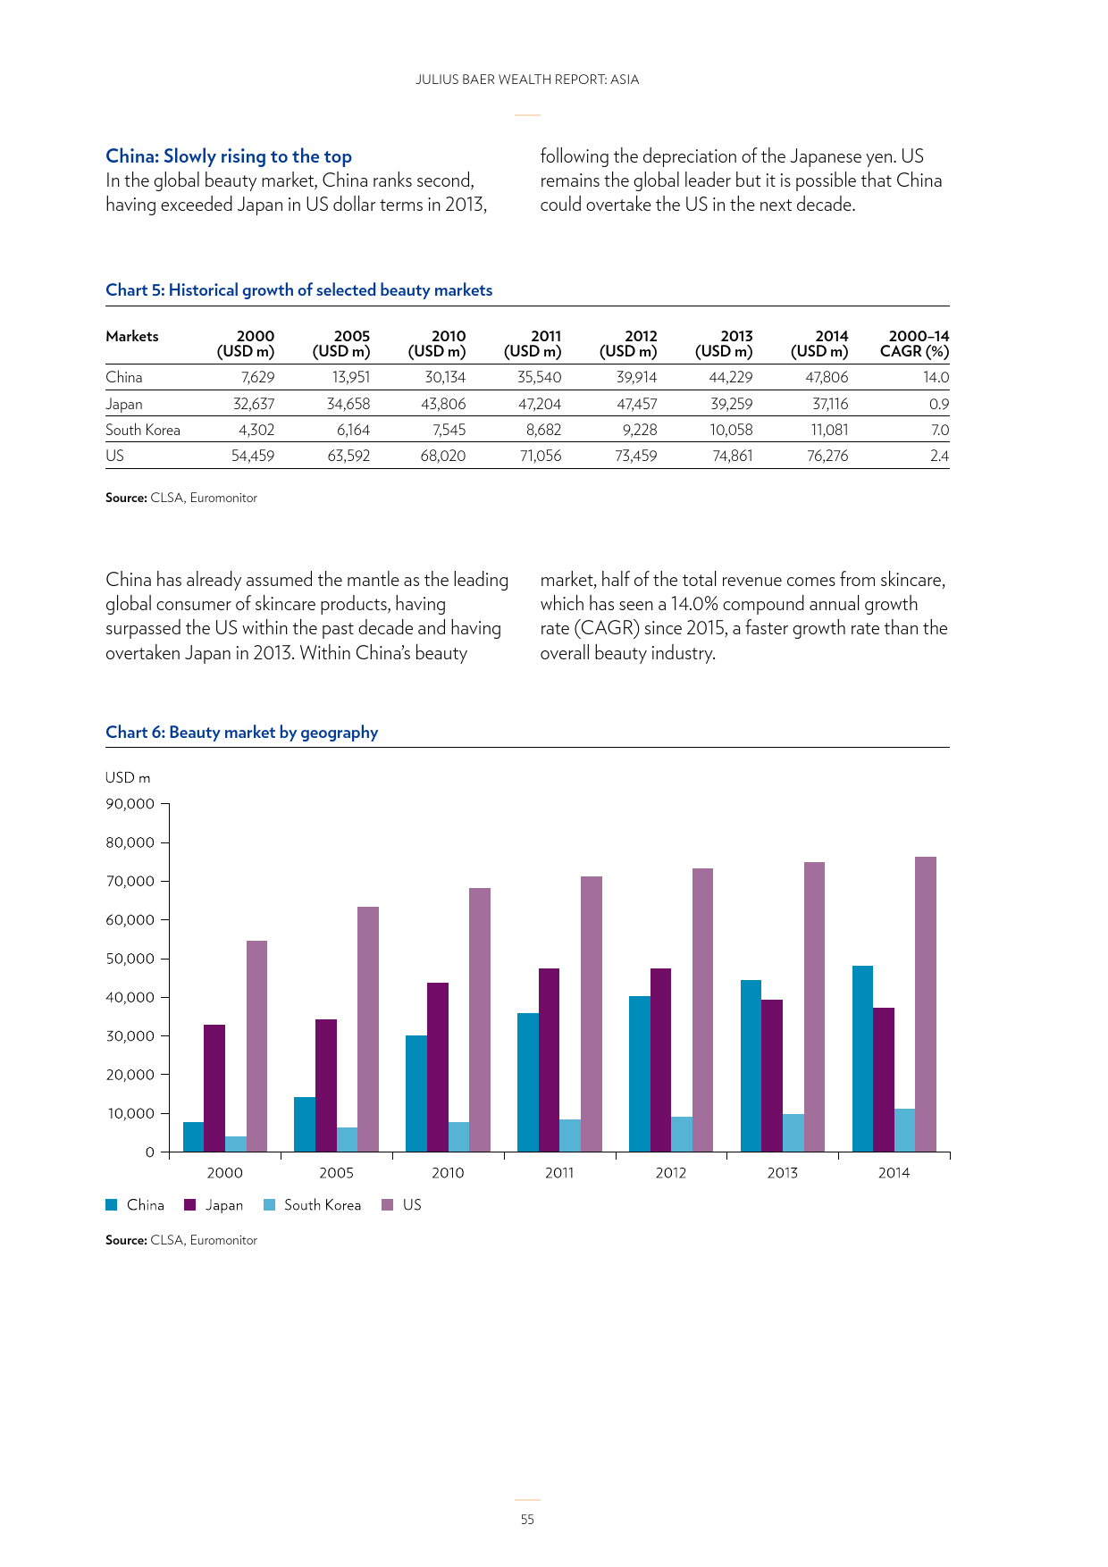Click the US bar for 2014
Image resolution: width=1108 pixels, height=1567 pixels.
[926, 1004]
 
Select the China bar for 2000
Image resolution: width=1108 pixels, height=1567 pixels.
[193, 1136]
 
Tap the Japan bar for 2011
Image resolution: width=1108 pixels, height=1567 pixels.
[549, 1060]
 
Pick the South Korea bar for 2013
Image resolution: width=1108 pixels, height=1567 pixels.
[793, 1133]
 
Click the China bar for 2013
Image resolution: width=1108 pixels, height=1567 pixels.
[751, 1066]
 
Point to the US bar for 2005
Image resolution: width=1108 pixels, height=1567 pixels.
[368, 1029]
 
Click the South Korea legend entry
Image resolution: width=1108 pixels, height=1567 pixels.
[313, 1205]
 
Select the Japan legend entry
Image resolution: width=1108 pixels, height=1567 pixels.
[214, 1205]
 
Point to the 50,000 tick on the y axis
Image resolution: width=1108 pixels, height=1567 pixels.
[164, 959]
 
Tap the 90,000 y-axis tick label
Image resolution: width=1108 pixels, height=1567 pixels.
[130, 804]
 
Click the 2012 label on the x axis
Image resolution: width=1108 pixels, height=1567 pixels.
[671, 1173]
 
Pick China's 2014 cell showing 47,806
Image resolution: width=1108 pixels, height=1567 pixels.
[827, 377]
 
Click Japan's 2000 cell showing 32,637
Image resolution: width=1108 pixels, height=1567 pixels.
[254, 404]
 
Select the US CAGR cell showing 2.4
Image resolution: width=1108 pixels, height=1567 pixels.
[939, 456]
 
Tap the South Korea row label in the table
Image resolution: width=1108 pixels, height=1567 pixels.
[143, 430]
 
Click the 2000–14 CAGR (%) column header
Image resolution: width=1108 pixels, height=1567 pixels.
[915, 344]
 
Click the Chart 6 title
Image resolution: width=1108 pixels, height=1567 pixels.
[242, 733]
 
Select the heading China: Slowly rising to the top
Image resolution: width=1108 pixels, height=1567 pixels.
[229, 156]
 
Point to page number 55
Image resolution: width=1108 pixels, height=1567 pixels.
[527, 1520]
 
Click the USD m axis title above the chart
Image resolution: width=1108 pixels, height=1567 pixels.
[128, 778]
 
